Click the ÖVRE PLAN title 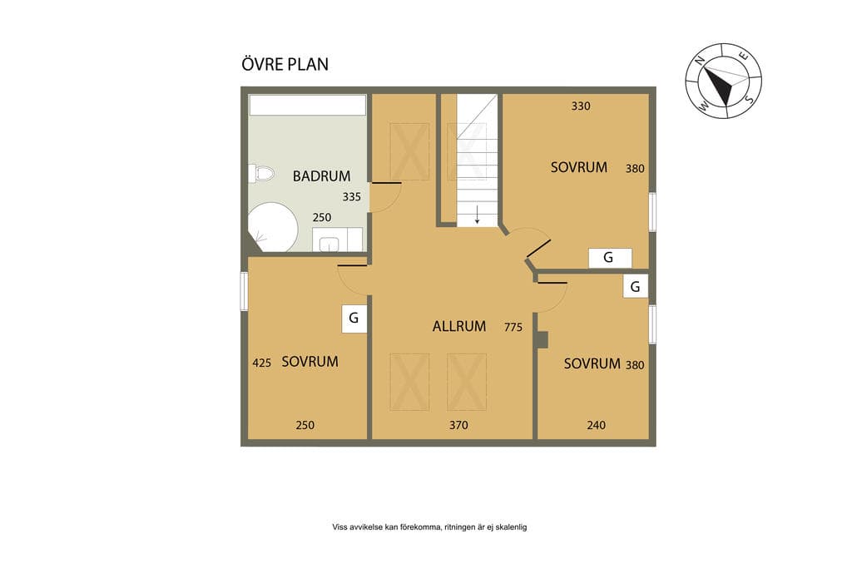[285, 63]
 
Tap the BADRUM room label [321, 176]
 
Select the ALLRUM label [459, 326]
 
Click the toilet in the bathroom [261, 174]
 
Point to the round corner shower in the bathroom [272, 227]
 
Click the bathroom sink [329, 244]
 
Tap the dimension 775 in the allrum [513, 327]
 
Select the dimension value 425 [261, 363]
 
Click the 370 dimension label [458, 425]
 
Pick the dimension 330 [580, 106]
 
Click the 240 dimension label [596, 425]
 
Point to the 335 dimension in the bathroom [351, 196]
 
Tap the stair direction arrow [477, 215]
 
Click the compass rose [723, 81]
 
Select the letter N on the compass [701, 60]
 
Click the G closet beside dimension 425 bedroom [354, 319]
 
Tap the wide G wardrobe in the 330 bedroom [610, 258]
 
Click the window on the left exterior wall [244, 291]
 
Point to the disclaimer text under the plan [429, 526]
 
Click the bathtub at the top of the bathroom [308, 106]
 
